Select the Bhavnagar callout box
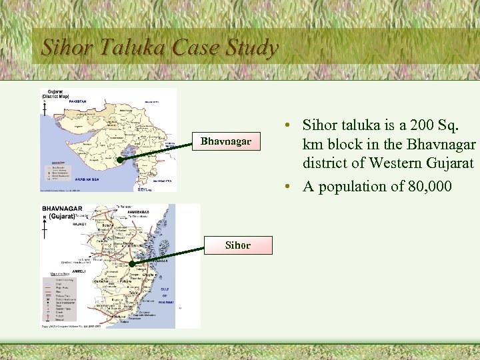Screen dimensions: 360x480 click(x=226, y=141)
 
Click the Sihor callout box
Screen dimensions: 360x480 click(x=238, y=245)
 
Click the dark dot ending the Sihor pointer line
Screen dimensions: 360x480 click(x=132, y=265)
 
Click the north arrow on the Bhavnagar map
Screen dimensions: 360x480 click(x=45, y=228)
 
